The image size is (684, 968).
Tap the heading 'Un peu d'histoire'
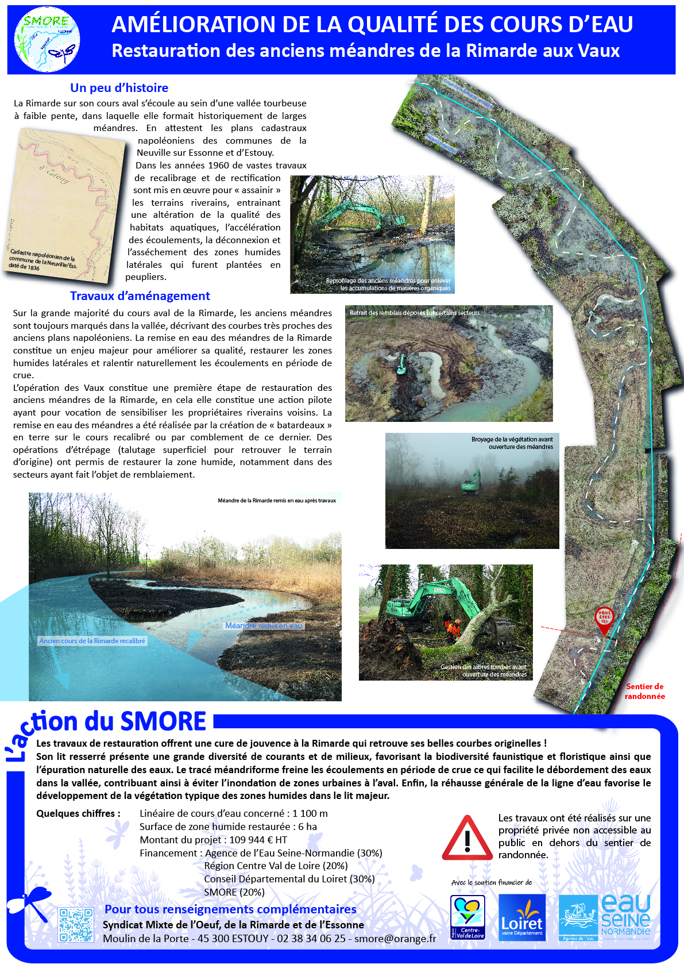coord(119,88)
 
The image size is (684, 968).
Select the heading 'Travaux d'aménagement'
coord(140,296)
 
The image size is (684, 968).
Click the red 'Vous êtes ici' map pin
coord(604,619)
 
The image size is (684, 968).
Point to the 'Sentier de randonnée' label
coord(644,692)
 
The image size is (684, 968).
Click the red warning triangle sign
coord(467,838)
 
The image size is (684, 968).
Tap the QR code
coord(76,925)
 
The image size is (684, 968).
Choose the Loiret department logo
coord(521,918)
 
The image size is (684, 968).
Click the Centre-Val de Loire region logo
coord(467,918)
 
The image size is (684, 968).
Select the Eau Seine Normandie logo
coord(605,917)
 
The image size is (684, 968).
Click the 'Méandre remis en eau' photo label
coord(264,625)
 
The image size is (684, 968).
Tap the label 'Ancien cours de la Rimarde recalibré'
coord(92,641)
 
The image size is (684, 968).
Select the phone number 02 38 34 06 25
coord(311,939)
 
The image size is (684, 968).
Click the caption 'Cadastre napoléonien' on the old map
coord(43,259)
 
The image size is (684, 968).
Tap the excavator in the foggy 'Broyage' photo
coord(471,483)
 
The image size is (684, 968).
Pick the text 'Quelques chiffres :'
coord(78,813)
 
